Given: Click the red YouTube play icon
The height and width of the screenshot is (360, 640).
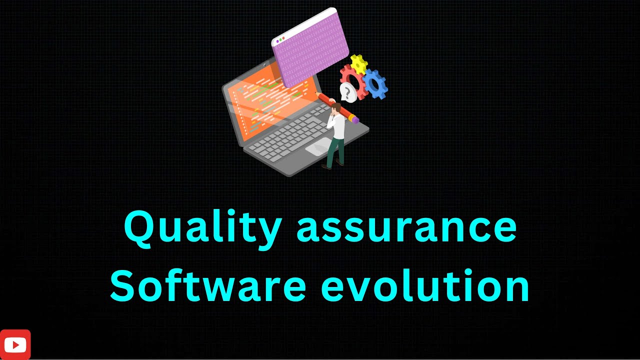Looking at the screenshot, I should point(15,344).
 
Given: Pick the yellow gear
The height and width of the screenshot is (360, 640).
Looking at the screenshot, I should point(358,64).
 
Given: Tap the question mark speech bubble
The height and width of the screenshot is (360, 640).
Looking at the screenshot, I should point(347,92).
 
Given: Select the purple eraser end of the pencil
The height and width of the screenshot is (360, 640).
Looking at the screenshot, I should point(354,119).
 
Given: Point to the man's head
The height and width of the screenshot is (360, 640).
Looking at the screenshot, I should point(336,107).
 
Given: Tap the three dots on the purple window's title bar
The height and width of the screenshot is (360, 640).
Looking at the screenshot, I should point(280,39).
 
